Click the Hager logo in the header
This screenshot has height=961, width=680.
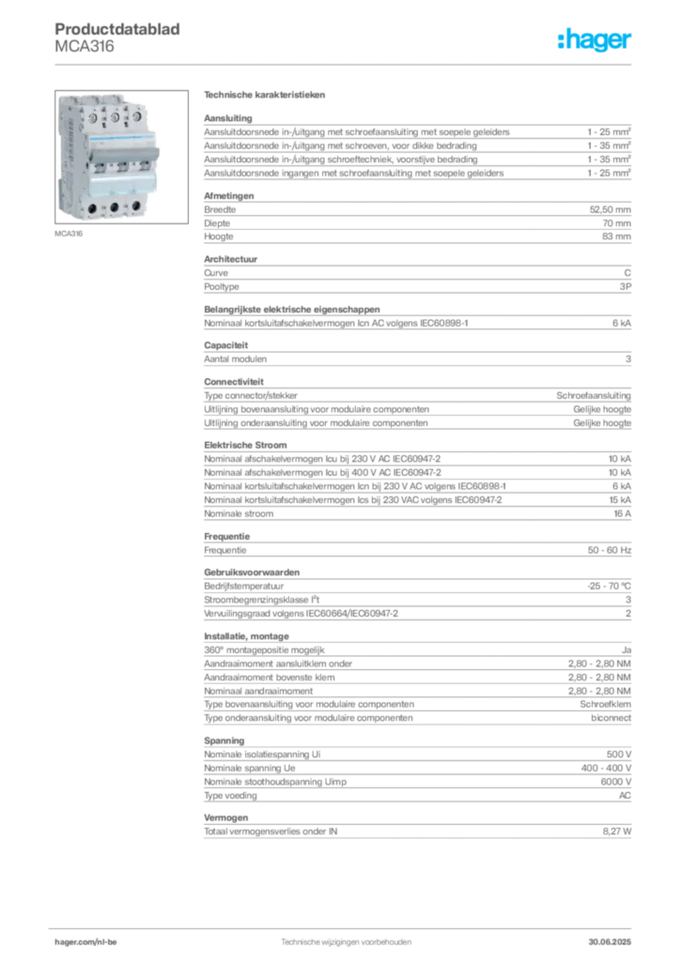coord(594,39)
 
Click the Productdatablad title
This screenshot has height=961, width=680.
coord(117,29)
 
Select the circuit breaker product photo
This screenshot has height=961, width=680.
coord(121,157)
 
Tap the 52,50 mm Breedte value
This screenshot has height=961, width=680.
coord(610,209)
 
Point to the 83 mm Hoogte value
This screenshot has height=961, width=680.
coord(616,236)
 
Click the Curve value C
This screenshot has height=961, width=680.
coord(627,273)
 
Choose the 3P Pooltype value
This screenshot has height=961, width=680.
coord(625,287)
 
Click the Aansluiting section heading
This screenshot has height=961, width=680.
coord(228,118)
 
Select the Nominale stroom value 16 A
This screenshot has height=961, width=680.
coord(623,513)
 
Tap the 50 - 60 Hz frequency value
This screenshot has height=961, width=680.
coord(609,550)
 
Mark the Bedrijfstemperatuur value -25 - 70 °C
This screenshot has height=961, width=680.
coord(609,586)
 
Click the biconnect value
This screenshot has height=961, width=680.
coord(610,718)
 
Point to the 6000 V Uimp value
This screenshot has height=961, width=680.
coord(615,782)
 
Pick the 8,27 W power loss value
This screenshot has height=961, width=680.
coord(617,831)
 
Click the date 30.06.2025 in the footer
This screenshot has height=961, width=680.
coord(610,942)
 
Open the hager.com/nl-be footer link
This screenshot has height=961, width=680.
coord(85,942)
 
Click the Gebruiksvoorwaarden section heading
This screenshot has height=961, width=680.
coord(252,572)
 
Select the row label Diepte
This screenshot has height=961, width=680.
coord(217,223)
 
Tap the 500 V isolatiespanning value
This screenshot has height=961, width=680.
coord(619,755)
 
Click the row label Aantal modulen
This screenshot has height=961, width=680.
coord(236,359)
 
